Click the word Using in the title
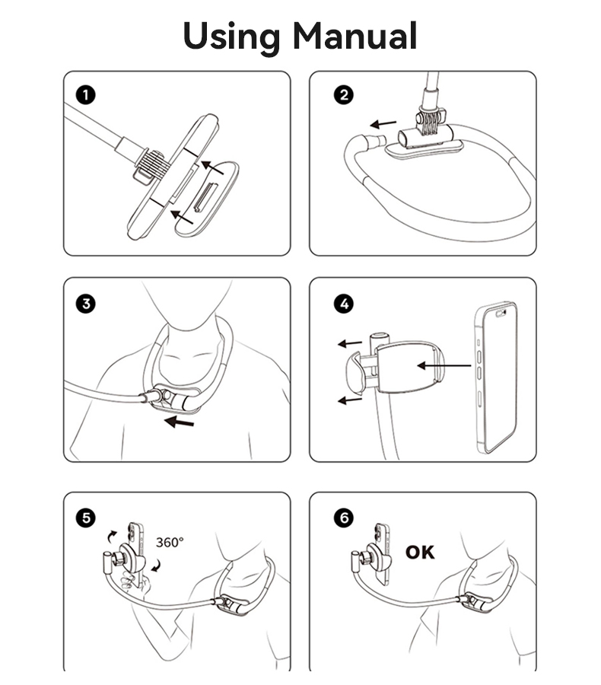click(x=229, y=36)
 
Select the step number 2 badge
click(x=344, y=95)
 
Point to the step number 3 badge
click(x=86, y=303)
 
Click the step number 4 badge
click(x=344, y=303)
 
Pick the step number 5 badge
click(x=86, y=518)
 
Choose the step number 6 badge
click(x=344, y=518)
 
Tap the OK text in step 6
click(x=420, y=552)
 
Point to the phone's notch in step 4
click(x=501, y=312)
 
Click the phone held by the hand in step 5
click(x=136, y=542)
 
